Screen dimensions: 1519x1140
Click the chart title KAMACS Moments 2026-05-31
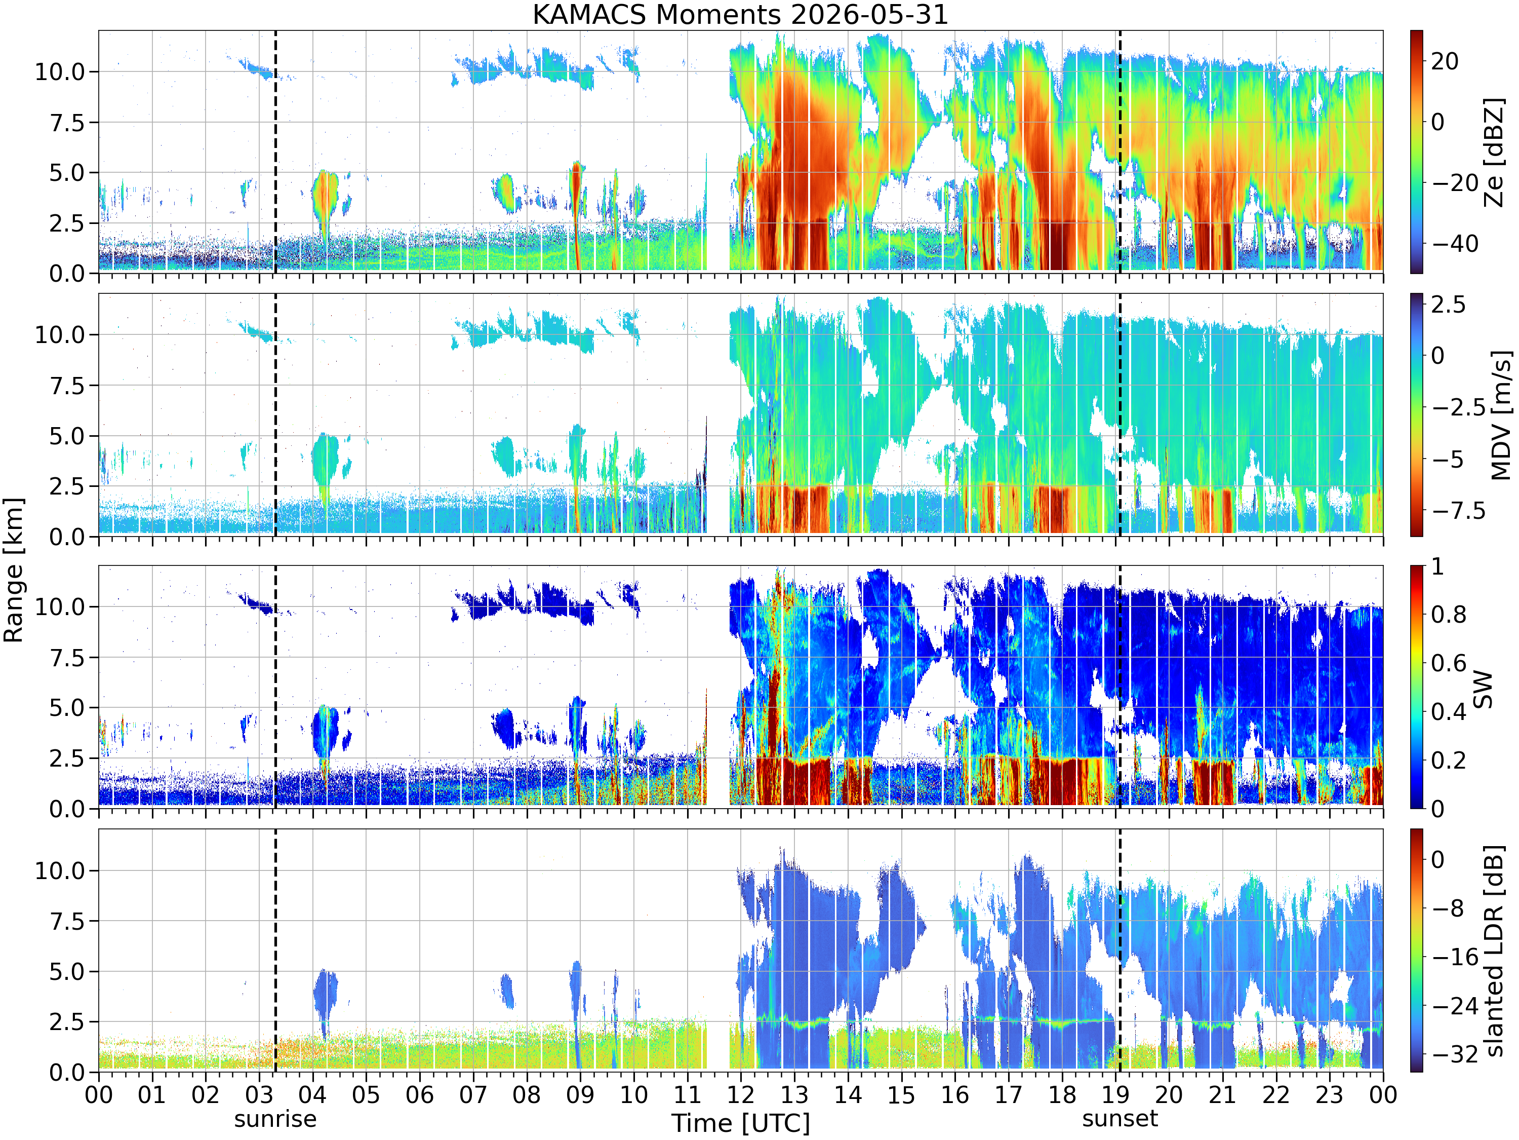click(x=740, y=14)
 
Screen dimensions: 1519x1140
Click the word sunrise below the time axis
click(x=275, y=1119)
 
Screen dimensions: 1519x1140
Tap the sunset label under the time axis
click(x=1120, y=1119)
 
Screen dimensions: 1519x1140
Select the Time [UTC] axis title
click(x=741, y=1123)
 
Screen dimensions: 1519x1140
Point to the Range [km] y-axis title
click(x=13, y=571)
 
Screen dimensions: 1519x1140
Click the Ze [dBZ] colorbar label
click(x=1494, y=152)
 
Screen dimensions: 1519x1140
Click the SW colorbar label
click(x=1483, y=689)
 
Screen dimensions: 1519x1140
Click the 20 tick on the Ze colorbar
click(x=1445, y=61)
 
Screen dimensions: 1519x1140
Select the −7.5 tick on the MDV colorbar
click(x=1458, y=511)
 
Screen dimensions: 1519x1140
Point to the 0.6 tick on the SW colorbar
click(x=1449, y=664)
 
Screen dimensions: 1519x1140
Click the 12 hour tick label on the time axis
click(x=741, y=1094)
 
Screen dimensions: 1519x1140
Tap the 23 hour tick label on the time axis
click(x=1330, y=1094)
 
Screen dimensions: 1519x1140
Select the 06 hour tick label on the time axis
click(x=420, y=1094)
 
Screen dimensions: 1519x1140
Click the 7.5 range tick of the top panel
click(x=67, y=122)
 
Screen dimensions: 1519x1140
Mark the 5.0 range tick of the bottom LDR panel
click(x=67, y=972)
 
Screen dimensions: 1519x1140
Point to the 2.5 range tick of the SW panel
click(x=67, y=758)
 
